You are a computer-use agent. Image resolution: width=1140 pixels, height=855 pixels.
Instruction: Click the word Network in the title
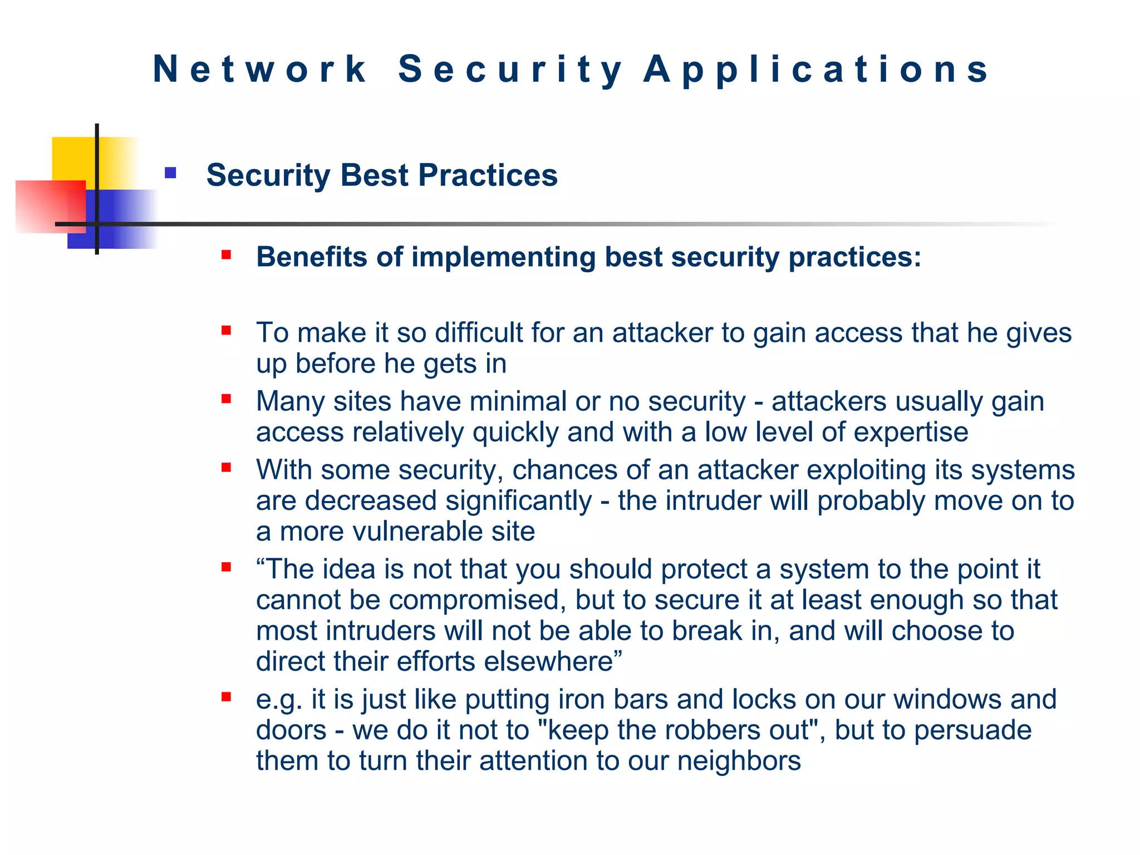259,70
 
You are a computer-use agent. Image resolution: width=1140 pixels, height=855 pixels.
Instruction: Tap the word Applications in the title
816,70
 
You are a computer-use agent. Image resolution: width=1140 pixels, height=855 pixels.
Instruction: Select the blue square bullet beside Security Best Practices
170,173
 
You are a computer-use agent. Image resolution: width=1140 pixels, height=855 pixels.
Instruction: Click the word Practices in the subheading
488,175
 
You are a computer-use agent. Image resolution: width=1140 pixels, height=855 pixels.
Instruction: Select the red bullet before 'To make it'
226,331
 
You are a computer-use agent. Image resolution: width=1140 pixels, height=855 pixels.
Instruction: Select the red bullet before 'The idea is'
226,567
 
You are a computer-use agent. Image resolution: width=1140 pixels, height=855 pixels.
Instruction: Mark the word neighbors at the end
739,761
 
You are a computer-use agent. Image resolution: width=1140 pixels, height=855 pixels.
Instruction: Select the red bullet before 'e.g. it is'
226,697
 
